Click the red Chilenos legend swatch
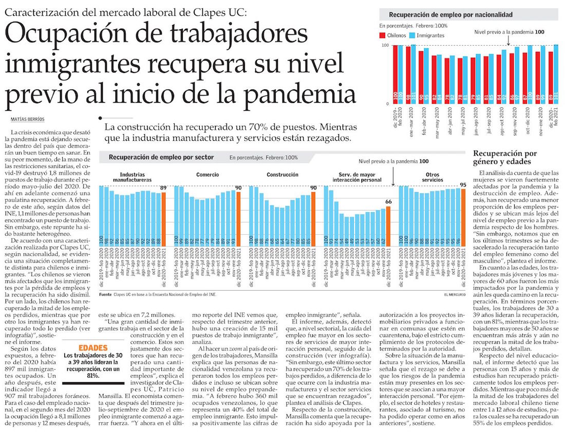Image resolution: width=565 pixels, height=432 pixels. click(383, 35)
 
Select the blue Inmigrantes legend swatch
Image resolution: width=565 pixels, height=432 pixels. click(412, 35)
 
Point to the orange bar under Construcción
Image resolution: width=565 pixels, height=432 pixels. click(313, 239)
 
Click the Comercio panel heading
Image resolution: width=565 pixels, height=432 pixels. click(208, 175)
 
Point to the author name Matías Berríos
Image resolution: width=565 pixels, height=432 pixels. click(28, 119)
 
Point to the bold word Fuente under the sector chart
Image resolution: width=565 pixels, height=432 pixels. click(105, 294)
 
